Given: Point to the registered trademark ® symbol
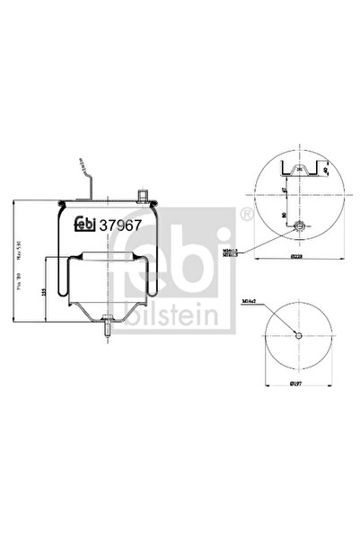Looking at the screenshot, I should pos(245,214).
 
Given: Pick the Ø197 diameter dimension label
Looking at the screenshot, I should pos(294,384).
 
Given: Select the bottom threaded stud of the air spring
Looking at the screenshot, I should pos(106,332).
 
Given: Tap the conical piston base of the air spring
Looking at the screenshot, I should pos(104,310).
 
